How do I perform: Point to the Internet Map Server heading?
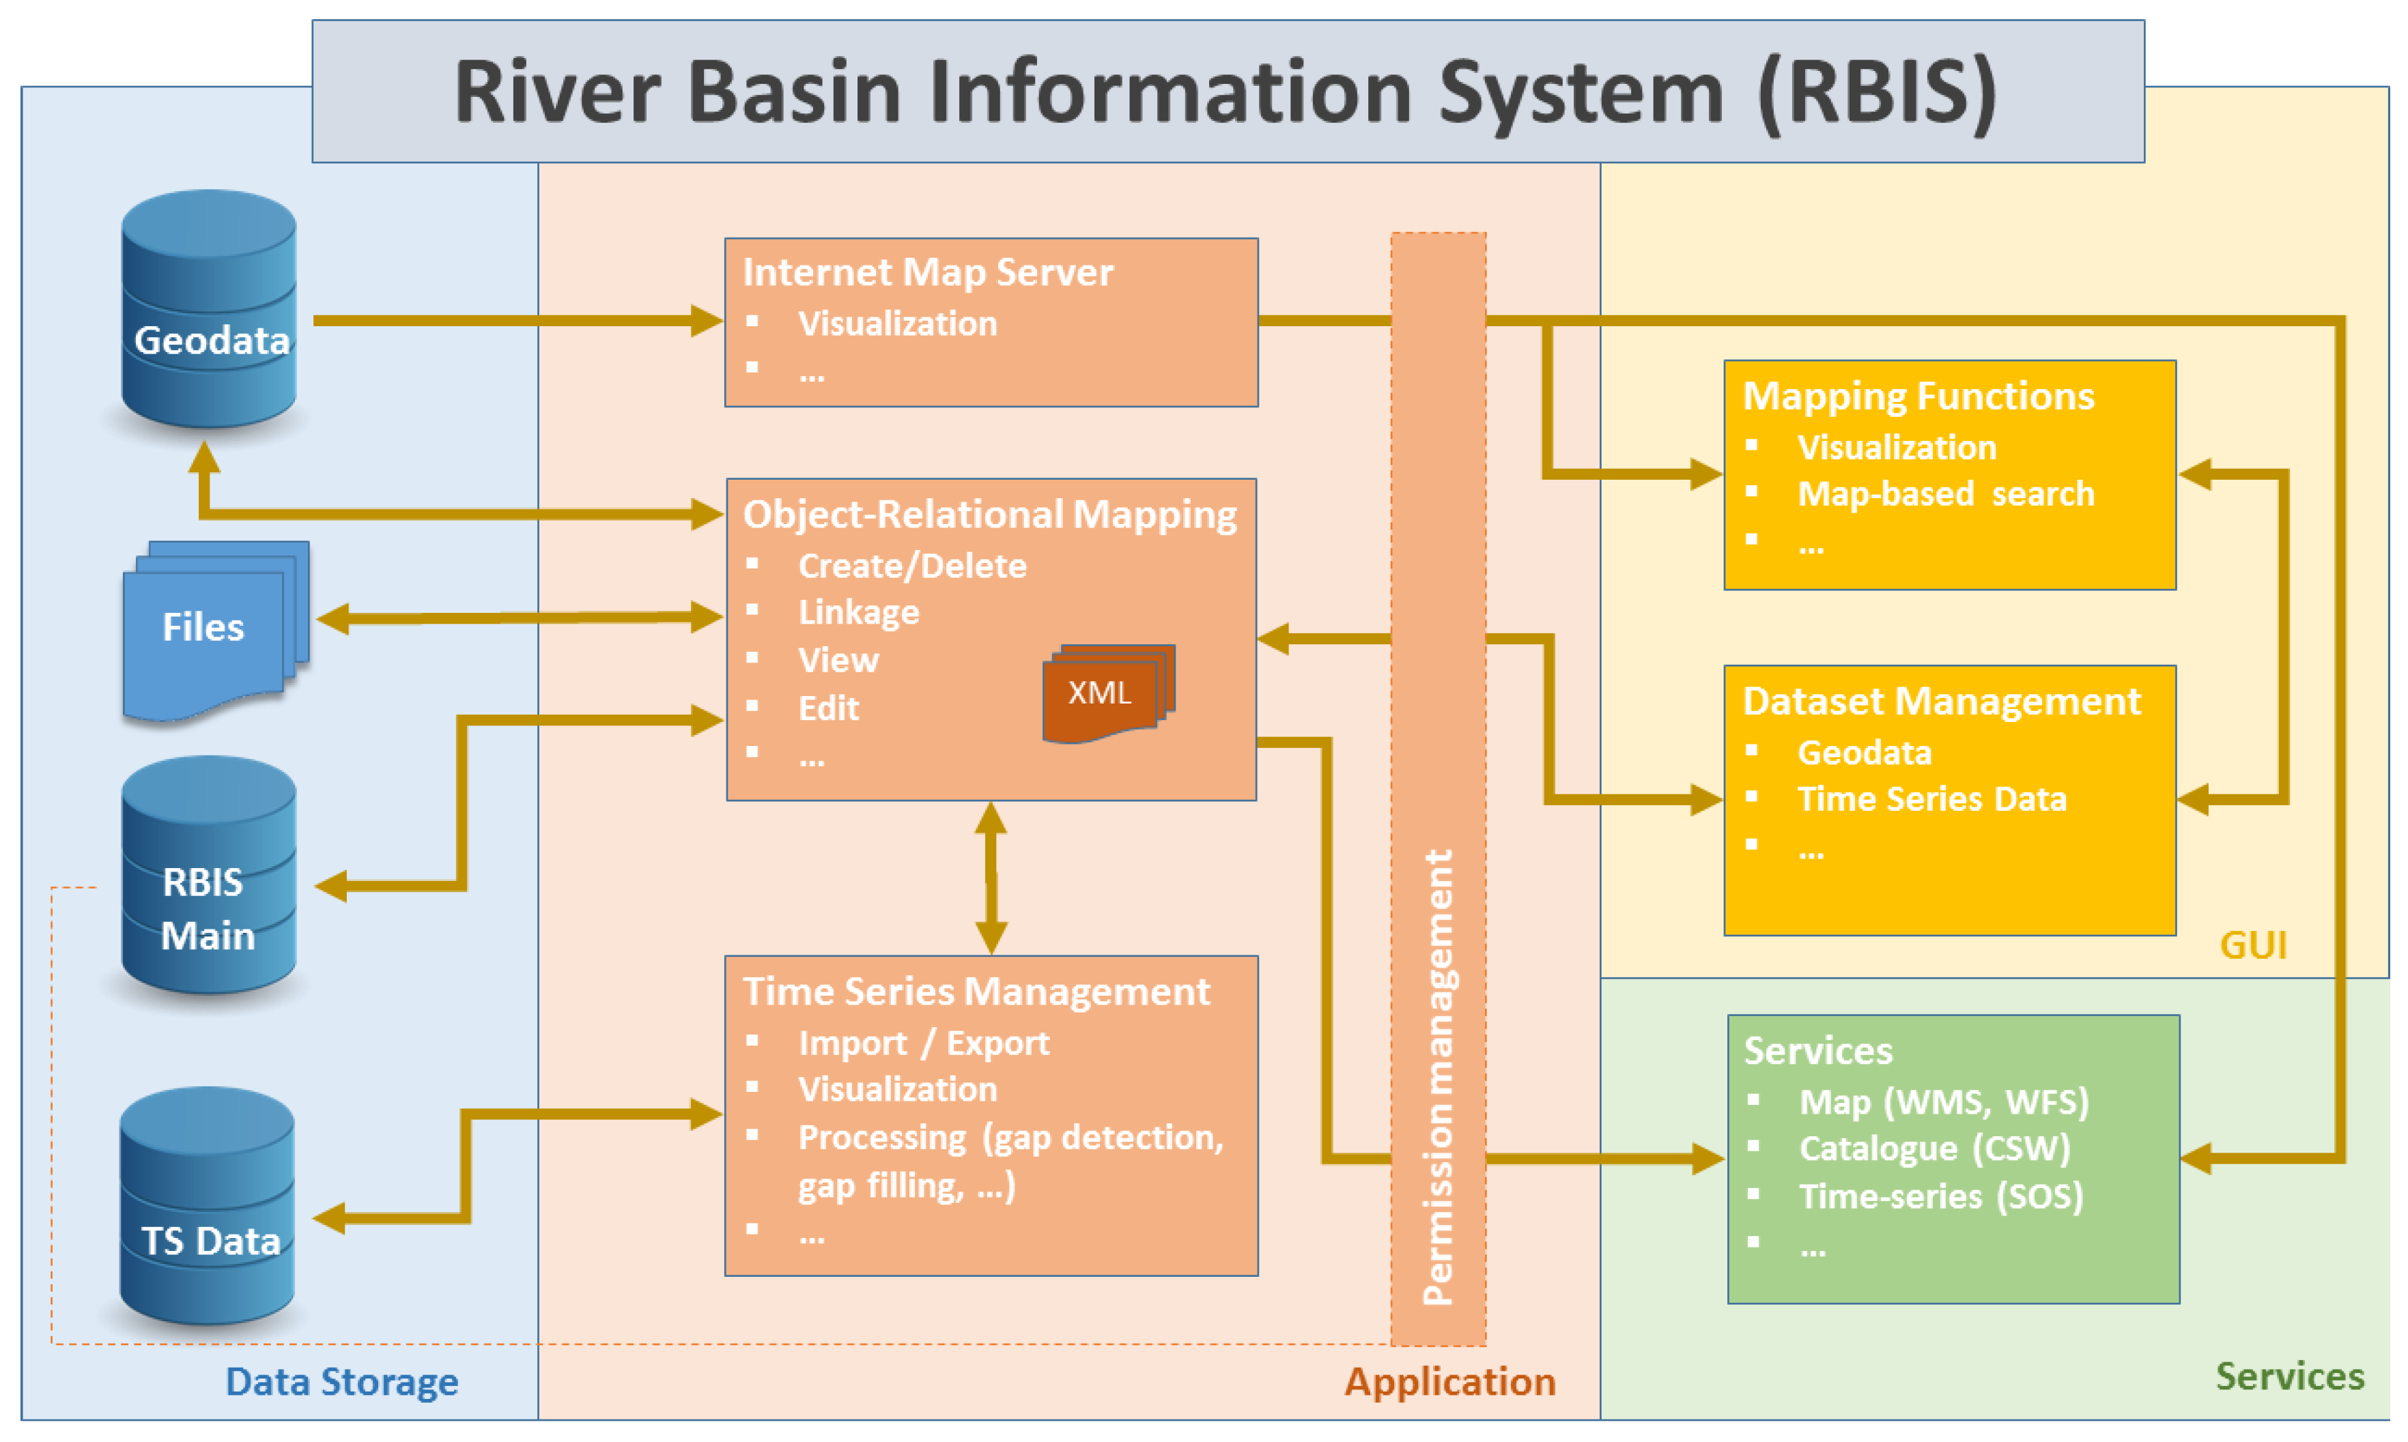point(926,272)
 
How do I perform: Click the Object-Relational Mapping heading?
point(989,514)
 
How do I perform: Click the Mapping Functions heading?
point(1917,396)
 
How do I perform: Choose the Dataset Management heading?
point(1940,702)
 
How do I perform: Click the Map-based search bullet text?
point(1944,493)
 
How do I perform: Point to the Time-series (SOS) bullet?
point(1940,1196)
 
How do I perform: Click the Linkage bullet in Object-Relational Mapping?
point(858,612)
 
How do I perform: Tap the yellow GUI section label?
point(2252,944)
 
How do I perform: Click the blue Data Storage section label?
point(341,1381)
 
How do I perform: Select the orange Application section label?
point(1449,1381)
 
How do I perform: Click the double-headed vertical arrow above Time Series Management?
point(990,878)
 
